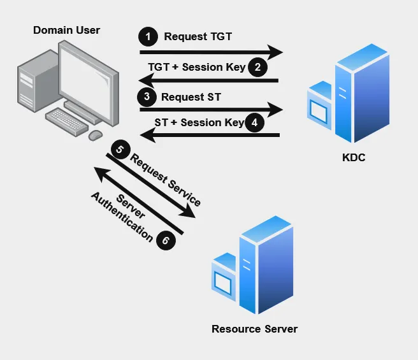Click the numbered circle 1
[x=148, y=37]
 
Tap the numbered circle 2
[x=257, y=67]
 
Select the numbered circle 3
[x=147, y=97]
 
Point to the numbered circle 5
[x=119, y=150]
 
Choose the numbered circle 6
[x=165, y=240]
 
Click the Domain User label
[x=66, y=30]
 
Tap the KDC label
[x=354, y=157]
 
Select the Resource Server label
[x=254, y=329]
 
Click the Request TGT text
[x=198, y=37]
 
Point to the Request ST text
[x=191, y=97]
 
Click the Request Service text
[x=166, y=180]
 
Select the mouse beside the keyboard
[x=96, y=135]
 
